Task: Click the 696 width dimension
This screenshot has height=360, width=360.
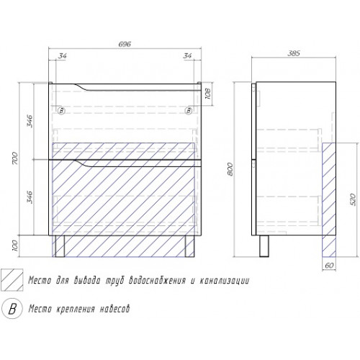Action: tap(125, 45)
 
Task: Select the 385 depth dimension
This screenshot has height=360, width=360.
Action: tap(294, 53)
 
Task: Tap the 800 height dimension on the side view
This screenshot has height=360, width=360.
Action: tap(230, 169)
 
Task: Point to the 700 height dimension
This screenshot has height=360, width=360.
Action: tap(15, 158)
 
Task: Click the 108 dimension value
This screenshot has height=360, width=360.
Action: tap(208, 94)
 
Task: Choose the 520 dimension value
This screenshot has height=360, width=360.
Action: tap(354, 199)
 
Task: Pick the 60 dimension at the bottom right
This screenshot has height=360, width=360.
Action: tap(329, 266)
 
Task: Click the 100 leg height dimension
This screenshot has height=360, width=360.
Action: tap(15, 246)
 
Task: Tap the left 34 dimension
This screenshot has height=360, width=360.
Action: tap(62, 56)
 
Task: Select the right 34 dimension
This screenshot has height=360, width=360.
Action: tap(187, 55)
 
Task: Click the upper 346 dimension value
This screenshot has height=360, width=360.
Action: tap(30, 121)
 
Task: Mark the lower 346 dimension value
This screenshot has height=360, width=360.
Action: tap(30, 197)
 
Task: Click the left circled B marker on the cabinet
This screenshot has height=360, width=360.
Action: tap(62, 111)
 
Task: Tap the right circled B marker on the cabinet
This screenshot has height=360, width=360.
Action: tap(189, 111)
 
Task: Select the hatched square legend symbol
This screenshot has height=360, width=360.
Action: tap(12, 280)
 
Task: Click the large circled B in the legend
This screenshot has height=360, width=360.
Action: tap(12, 308)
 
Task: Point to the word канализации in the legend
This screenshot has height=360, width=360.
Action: tap(225, 280)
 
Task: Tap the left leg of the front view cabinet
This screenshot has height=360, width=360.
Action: tap(60, 246)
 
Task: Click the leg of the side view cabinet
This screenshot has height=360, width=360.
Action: tap(264, 246)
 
